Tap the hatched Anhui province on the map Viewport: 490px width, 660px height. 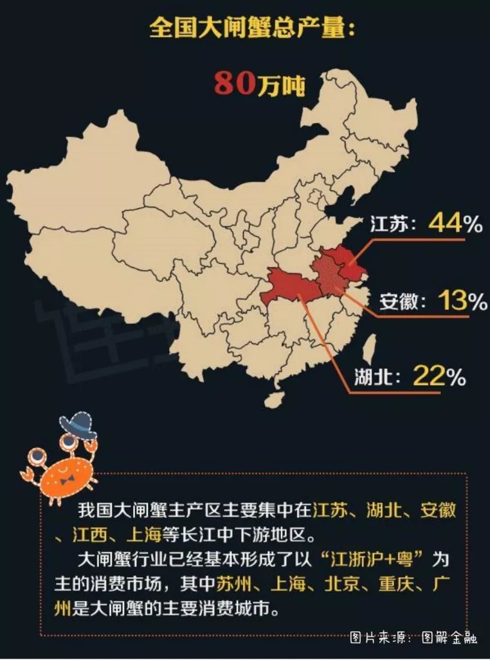click(x=328, y=276)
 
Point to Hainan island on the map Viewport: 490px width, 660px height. click(x=275, y=399)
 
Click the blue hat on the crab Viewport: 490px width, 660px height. click(x=77, y=424)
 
